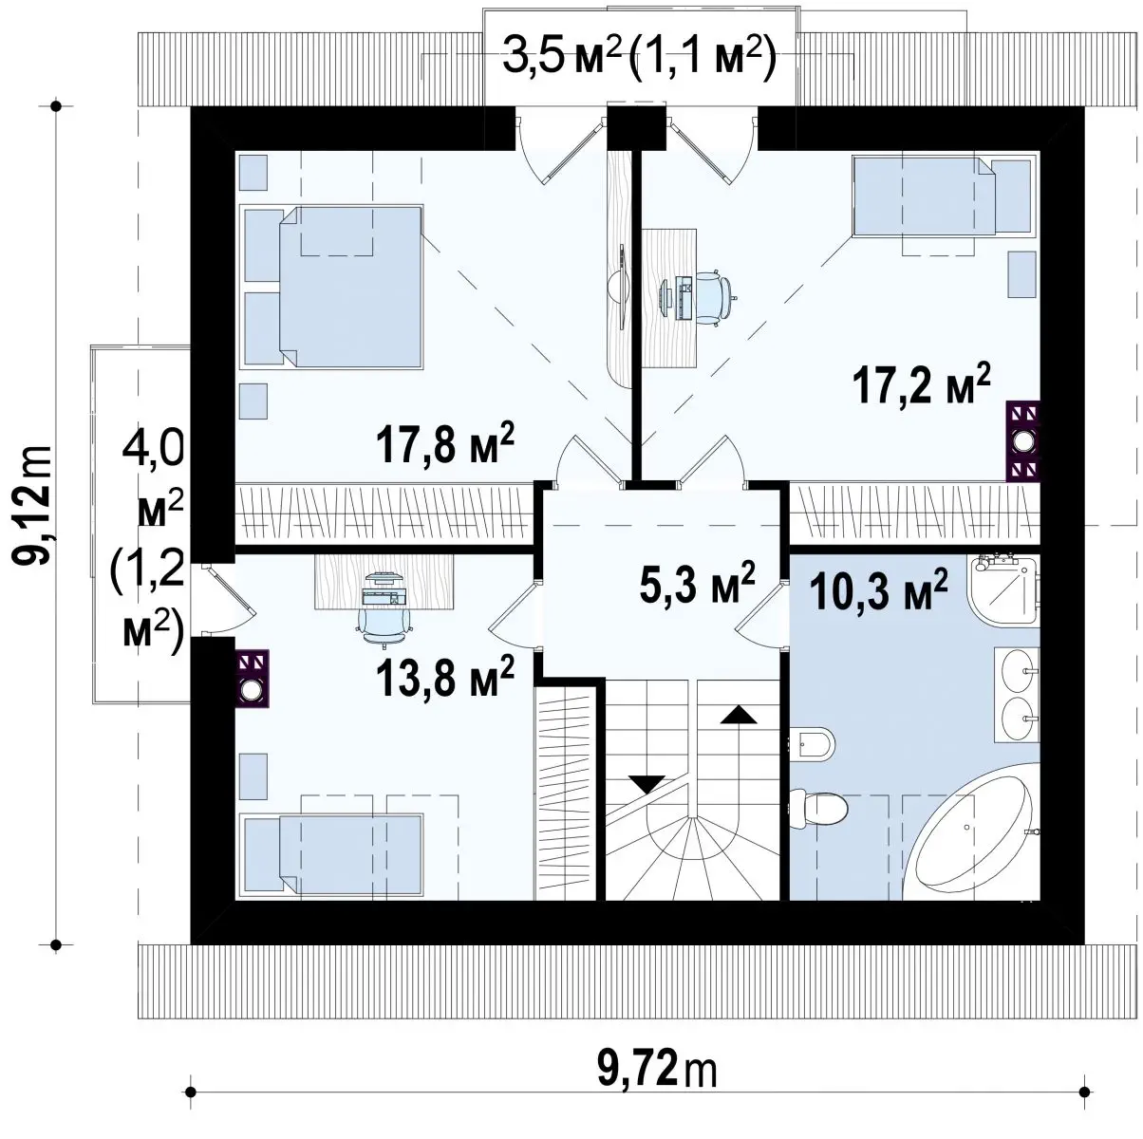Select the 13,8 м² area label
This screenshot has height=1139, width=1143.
click(444, 675)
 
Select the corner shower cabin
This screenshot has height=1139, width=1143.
click(1003, 590)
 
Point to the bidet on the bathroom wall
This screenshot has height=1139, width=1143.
click(812, 742)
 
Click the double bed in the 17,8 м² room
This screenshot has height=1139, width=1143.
click(331, 287)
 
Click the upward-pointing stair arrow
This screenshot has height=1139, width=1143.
click(739, 714)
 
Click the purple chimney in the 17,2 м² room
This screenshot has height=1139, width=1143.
click(1023, 440)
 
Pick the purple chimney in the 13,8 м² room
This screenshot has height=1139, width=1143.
click(253, 679)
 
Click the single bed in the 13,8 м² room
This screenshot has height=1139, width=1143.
click(331, 854)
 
